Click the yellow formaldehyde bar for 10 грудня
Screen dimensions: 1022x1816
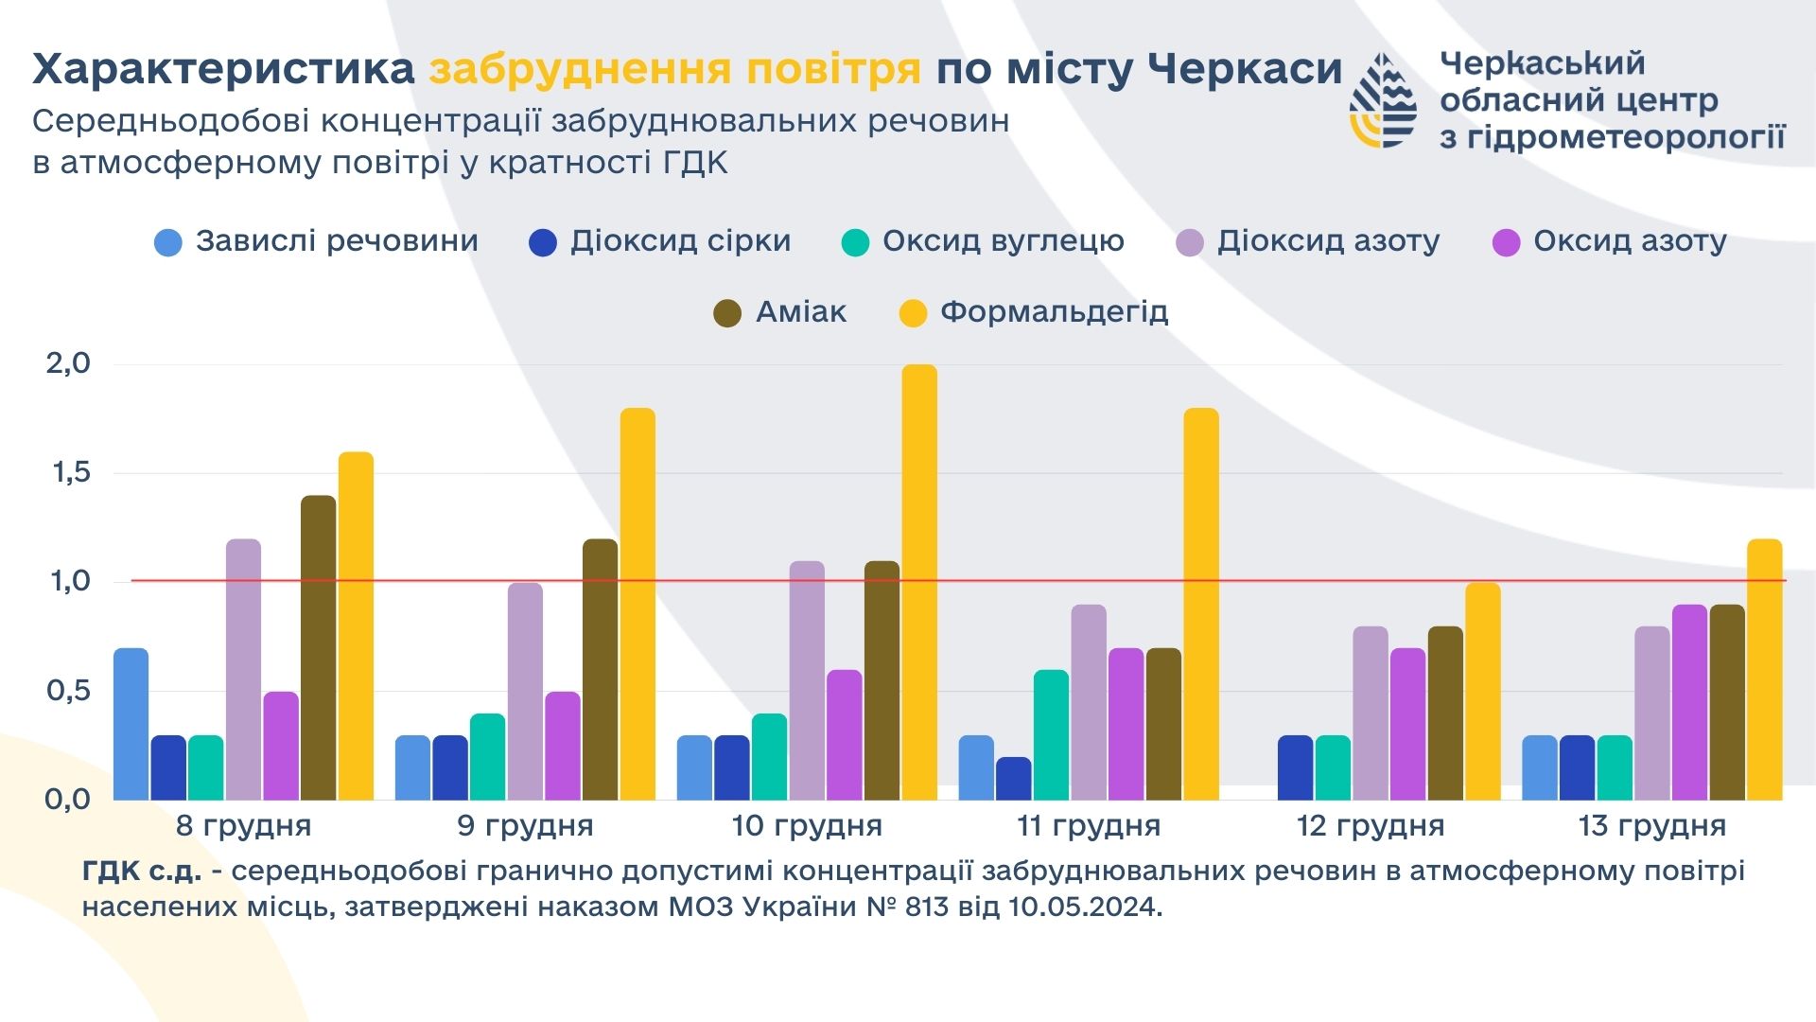pos(919,582)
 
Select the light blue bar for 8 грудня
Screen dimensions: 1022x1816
pos(131,724)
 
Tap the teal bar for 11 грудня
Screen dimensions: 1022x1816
pos(1051,734)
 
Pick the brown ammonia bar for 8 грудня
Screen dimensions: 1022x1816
pos(318,647)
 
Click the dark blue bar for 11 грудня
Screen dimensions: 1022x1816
pos(1013,778)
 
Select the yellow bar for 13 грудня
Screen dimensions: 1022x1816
pos(1764,669)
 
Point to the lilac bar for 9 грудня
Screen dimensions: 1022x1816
pos(525,691)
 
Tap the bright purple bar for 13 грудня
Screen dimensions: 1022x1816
pos(1689,702)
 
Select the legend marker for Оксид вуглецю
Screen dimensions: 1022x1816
pos(855,243)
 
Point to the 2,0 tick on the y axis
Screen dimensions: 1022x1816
pos(68,363)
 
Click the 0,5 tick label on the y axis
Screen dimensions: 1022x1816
pos(68,691)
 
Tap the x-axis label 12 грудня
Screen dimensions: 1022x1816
pos(1370,826)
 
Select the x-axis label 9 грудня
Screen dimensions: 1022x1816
pos(525,826)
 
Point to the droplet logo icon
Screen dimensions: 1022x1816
pos(1382,100)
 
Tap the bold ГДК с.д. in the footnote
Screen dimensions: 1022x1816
pos(142,872)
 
